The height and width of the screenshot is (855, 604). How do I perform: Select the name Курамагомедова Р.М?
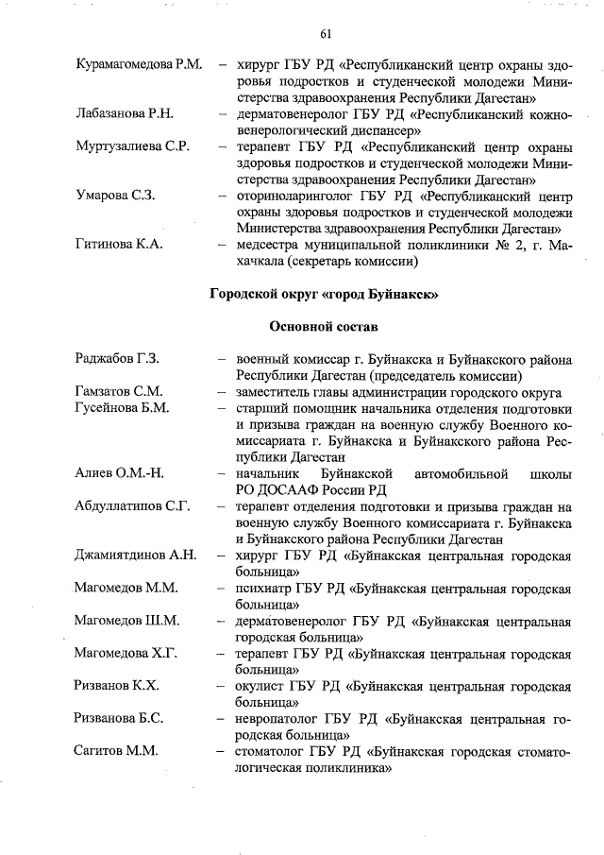tap(139, 65)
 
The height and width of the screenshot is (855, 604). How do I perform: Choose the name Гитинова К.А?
tap(119, 245)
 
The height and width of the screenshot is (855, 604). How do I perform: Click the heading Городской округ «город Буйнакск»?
tap(325, 293)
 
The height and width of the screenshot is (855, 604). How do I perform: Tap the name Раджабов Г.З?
tap(117, 359)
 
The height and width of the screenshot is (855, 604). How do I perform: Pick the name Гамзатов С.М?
tap(119, 391)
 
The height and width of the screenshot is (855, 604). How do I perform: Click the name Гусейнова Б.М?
tap(122, 408)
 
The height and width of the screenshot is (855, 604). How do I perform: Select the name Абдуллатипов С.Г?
tap(132, 505)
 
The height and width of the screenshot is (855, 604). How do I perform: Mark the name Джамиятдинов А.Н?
tap(135, 555)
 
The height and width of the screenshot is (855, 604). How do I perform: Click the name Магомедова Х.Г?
tap(126, 653)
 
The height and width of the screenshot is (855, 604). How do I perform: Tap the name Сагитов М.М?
tap(116, 751)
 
